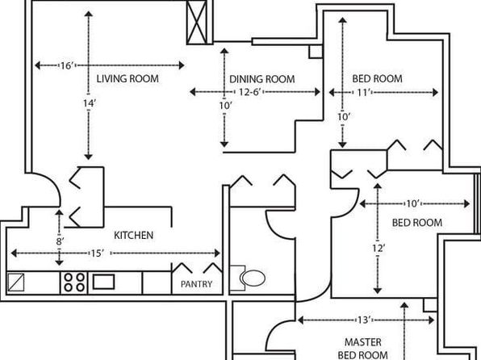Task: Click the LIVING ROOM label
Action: click(128, 78)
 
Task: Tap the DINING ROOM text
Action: click(262, 79)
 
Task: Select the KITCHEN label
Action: click(133, 236)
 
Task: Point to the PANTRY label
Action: click(196, 284)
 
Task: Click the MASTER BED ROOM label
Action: click(363, 349)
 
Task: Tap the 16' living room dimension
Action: click(67, 65)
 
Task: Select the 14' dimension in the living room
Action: click(89, 103)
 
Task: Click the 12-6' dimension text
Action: click(249, 92)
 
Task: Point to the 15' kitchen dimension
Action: click(97, 253)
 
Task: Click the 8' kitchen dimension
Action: click(60, 241)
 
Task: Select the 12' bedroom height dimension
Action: click(379, 248)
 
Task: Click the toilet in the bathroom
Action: click(249, 278)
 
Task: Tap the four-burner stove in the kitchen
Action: click(74, 283)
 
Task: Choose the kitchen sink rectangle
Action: click(103, 282)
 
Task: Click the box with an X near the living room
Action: click(197, 22)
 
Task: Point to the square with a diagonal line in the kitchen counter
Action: click(16, 282)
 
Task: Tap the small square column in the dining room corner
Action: click(316, 52)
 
